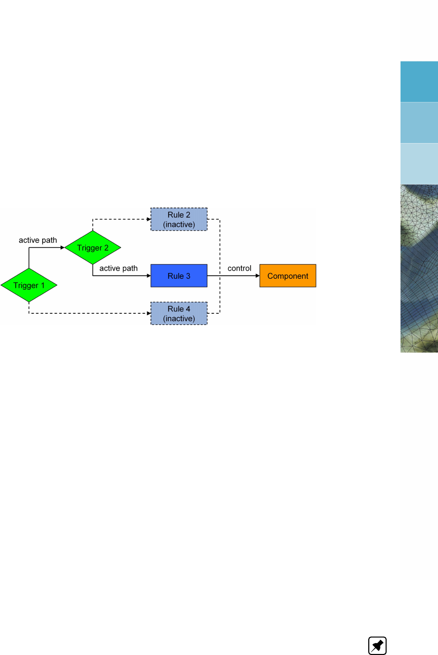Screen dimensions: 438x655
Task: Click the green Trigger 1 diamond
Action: click(x=29, y=285)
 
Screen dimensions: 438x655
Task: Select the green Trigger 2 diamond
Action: click(x=93, y=247)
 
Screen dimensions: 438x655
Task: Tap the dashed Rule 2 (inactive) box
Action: click(x=179, y=219)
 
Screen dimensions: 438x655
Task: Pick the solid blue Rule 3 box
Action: click(x=179, y=276)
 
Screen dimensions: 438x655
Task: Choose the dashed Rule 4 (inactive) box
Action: click(x=179, y=313)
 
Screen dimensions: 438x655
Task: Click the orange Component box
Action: click(x=288, y=276)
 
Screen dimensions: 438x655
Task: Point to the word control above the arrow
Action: click(x=239, y=268)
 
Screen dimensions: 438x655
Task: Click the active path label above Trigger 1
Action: click(x=38, y=240)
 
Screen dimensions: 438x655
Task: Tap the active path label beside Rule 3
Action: click(x=118, y=268)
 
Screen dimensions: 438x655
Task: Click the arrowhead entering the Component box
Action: click(x=257, y=276)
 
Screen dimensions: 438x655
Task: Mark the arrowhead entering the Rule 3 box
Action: click(x=149, y=276)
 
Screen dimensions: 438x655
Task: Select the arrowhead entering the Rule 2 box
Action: click(x=149, y=219)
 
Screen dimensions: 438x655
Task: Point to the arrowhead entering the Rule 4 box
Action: click(x=149, y=313)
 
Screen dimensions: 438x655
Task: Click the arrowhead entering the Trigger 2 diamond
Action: click(x=62, y=247)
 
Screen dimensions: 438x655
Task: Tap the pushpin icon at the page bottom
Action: click(x=377, y=645)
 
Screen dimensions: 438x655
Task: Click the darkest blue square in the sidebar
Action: click(x=419, y=82)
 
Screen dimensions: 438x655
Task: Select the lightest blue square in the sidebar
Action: click(x=419, y=164)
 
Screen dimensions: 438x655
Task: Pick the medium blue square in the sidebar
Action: click(x=419, y=123)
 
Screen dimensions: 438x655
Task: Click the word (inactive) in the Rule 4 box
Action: click(x=179, y=319)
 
